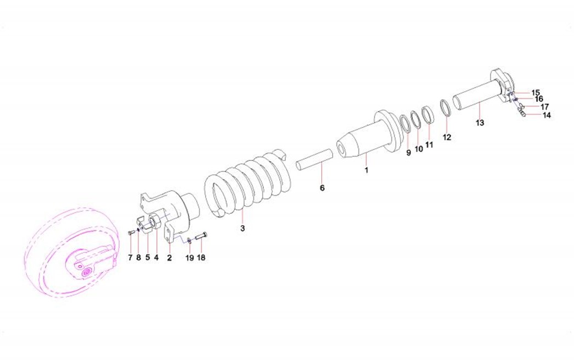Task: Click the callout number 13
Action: tap(479, 123)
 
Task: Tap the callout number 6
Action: tap(322, 187)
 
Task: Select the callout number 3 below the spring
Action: tap(242, 228)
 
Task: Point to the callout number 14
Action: tap(547, 115)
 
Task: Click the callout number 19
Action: tap(189, 258)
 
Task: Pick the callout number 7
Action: tap(130, 258)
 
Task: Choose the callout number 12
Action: tap(447, 137)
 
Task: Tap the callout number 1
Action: tap(366, 170)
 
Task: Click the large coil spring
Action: tap(247, 183)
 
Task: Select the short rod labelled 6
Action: tap(314, 159)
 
